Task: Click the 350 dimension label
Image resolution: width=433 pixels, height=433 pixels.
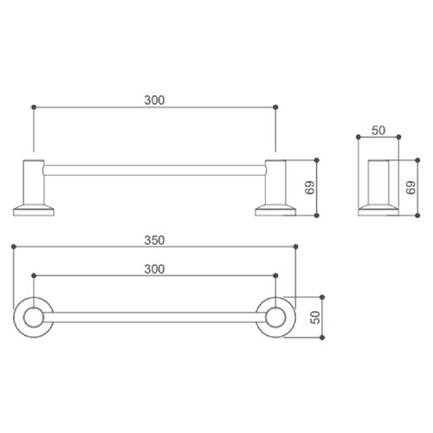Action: pyautogui.click(x=154, y=240)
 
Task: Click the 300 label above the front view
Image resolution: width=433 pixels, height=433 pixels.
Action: pyautogui.click(x=154, y=100)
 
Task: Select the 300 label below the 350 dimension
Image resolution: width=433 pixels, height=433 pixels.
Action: pyautogui.click(x=154, y=269)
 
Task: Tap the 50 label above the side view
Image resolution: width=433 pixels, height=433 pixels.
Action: pyautogui.click(x=378, y=131)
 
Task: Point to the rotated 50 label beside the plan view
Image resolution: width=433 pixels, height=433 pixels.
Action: pyautogui.click(x=315, y=317)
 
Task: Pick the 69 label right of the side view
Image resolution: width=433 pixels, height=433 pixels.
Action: pyautogui.click(x=410, y=188)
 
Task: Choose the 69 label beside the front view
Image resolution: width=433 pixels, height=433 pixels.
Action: pyautogui.click(x=309, y=188)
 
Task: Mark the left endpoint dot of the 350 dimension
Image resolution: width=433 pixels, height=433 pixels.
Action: pyautogui.click(x=14, y=247)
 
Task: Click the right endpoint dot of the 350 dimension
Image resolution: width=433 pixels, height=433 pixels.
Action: pyautogui.click(x=295, y=247)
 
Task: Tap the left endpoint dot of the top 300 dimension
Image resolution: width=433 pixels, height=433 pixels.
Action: pyautogui.click(x=34, y=107)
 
